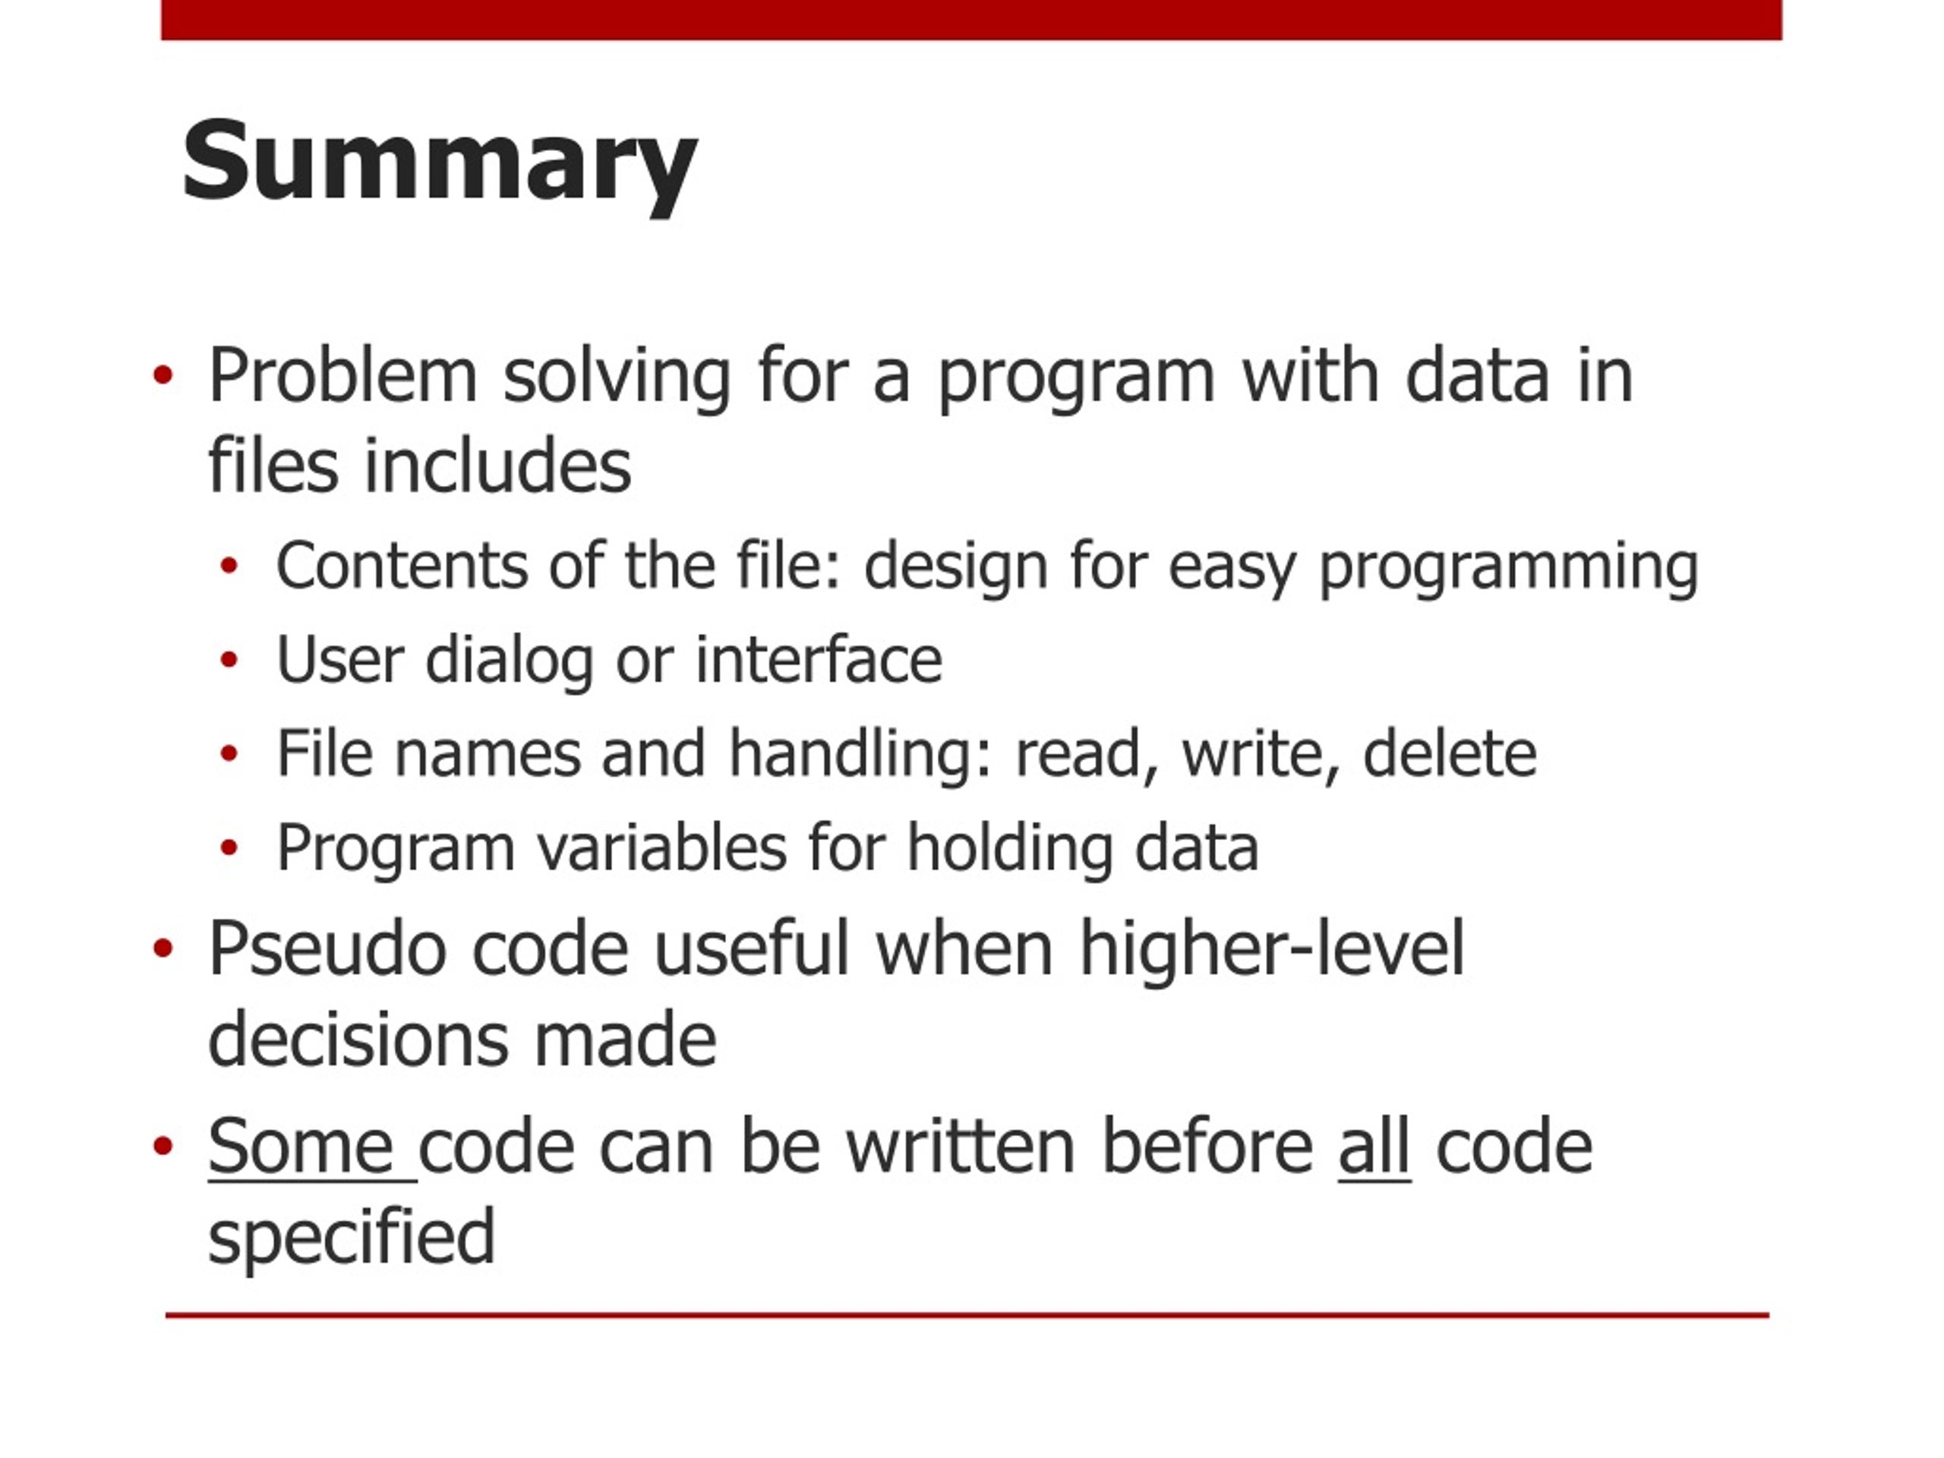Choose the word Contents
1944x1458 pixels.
pos(402,565)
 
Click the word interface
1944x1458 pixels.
pos(818,659)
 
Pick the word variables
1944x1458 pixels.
pos(661,847)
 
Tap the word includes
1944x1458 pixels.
pos(497,465)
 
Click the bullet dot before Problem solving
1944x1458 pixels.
pos(163,376)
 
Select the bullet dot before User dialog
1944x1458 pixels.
pos(229,659)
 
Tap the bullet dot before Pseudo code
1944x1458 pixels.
pos(163,948)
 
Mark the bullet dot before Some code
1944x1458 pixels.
pos(163,1145)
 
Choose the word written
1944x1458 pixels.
pos(961,1146)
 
